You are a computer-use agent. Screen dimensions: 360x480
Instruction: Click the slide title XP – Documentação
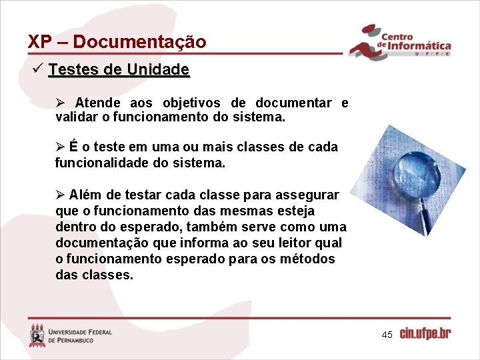[117, 41]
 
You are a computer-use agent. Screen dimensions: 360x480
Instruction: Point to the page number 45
[387, 334]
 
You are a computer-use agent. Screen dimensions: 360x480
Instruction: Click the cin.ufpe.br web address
[425, 333]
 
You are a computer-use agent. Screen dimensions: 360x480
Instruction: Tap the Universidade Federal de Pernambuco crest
[37, 335]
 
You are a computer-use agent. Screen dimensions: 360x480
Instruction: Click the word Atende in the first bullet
[98, 103]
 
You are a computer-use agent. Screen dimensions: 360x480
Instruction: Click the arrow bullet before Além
[60, 195]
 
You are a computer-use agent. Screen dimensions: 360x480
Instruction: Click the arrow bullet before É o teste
[60, 147]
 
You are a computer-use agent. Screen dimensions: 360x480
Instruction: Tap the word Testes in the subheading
[71, 69]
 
